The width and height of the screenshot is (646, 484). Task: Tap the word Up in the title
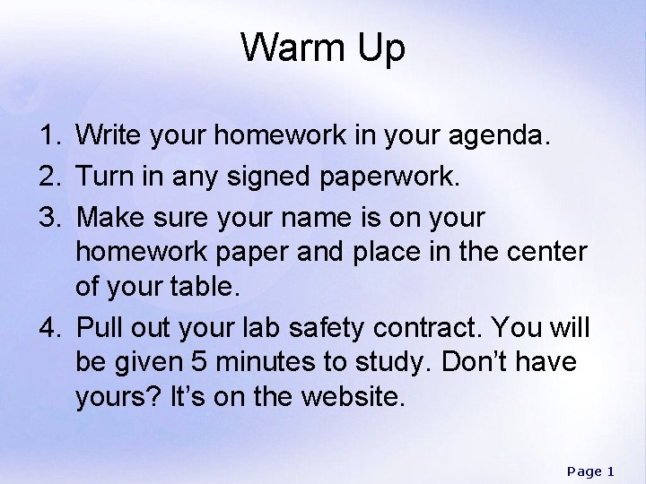[x=379, y=50]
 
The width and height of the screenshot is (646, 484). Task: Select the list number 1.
[x=48, y=137]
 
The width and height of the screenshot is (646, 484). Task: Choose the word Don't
[x=503, y=362]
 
